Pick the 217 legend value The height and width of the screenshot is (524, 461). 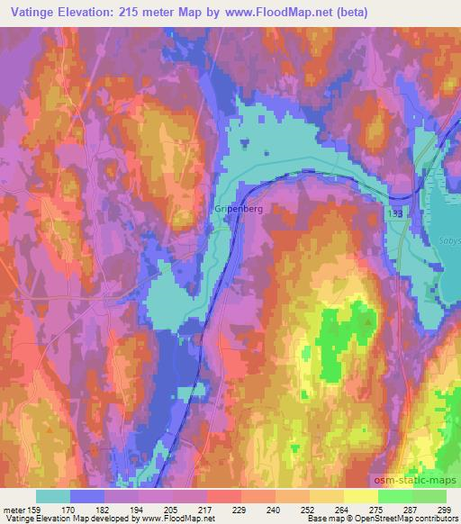[206, 510]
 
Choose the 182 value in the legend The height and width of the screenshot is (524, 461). [104, 510]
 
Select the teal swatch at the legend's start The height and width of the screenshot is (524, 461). [52, 496]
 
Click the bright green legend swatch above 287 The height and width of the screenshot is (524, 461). [394, 496]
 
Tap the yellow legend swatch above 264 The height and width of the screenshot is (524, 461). [326, 496]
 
